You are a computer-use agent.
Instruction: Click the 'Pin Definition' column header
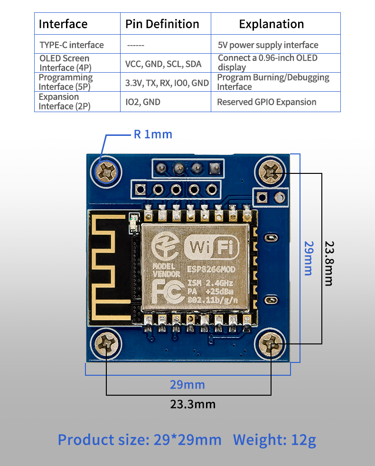pyautogui.click(x=162, y=24)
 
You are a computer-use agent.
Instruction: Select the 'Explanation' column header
pyautogui.click(x=271, y=24)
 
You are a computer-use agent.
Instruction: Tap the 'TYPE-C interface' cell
pyautogui.click(x=72, y=45)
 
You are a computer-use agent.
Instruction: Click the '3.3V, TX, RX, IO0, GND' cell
pyautogui.click(x=167, y=83)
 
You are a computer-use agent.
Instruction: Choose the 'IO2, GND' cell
pyautogui.click(x=143, y=102)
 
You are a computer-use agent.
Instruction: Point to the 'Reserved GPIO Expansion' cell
pyautogui.click(x=266, y=102)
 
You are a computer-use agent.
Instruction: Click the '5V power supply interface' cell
pyautogui.click(x=268, y=45)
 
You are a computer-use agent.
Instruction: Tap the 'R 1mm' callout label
pyautogui.click(x=153, y=134)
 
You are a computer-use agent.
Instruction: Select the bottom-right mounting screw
pyautogui.click(x=272, y=343)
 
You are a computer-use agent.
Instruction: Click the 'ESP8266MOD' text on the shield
pyautogui.click(x=211, y=270)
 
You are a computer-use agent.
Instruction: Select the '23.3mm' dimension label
pyautogui.click(x=193, y=404)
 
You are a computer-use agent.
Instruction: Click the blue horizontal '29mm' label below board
pyautogui.click(x=187, y=384)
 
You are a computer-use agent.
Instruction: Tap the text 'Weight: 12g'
pyautogui.click(x=274, y=440)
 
